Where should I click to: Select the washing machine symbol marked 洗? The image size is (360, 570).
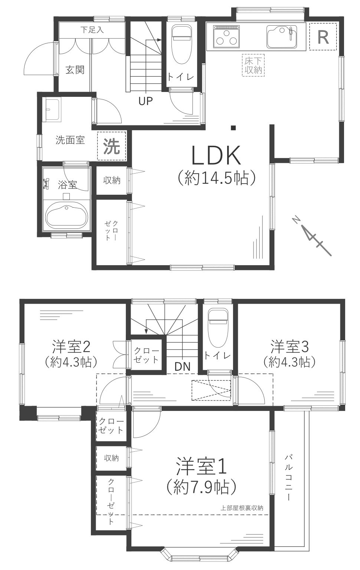tap(111, 146)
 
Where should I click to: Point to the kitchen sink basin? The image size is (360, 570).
tap(282, 36)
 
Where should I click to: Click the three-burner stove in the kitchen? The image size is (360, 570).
tap(226, 36)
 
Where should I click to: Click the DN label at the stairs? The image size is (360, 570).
tap(182, 366)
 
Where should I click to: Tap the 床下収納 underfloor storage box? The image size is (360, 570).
tap(253, 65)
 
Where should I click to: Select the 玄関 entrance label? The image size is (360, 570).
tap(75, 69)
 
